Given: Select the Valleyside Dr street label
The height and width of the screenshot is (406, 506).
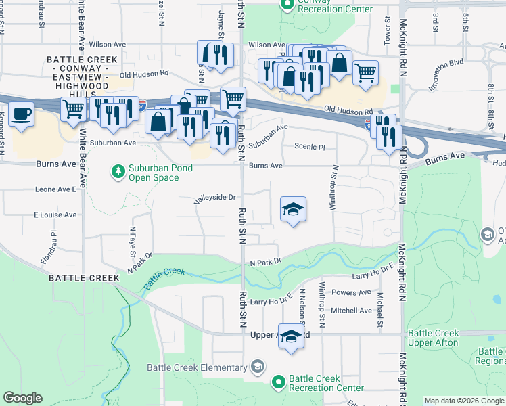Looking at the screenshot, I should click(214, 198).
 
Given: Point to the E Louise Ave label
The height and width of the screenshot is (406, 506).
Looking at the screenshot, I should click(55, 215).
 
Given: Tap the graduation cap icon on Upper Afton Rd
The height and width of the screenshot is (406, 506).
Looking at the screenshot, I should click(291, 336).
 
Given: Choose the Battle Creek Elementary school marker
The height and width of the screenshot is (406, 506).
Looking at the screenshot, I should click(256, 367).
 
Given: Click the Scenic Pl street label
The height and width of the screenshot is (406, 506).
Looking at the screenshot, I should click(310, 146).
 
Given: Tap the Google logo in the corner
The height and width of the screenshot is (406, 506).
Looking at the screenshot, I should click(22, 398).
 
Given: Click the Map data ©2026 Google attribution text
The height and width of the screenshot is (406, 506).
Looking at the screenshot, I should click(465, 401).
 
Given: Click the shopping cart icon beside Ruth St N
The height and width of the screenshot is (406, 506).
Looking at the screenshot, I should click(233, 99).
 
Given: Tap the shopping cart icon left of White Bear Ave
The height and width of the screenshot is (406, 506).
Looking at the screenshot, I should click(72, 109).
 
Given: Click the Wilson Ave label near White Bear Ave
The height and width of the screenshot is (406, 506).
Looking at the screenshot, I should click(112, 45).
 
